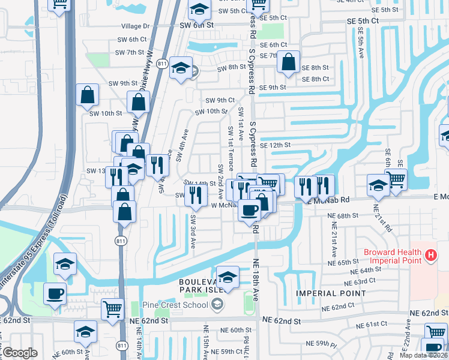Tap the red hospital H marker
tap(430, 256)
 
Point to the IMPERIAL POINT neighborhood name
tap(330, 293)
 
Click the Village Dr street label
tap(135, 26)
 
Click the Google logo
tap(20, 353)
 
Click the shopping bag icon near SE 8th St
tap(289, 61)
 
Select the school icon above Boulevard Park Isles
tap(228, 277)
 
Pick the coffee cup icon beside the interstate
tap(55, 293)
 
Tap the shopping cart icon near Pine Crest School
tap(113, 308)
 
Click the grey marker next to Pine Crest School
tap(217, 305)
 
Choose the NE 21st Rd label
tap(384, 221)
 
